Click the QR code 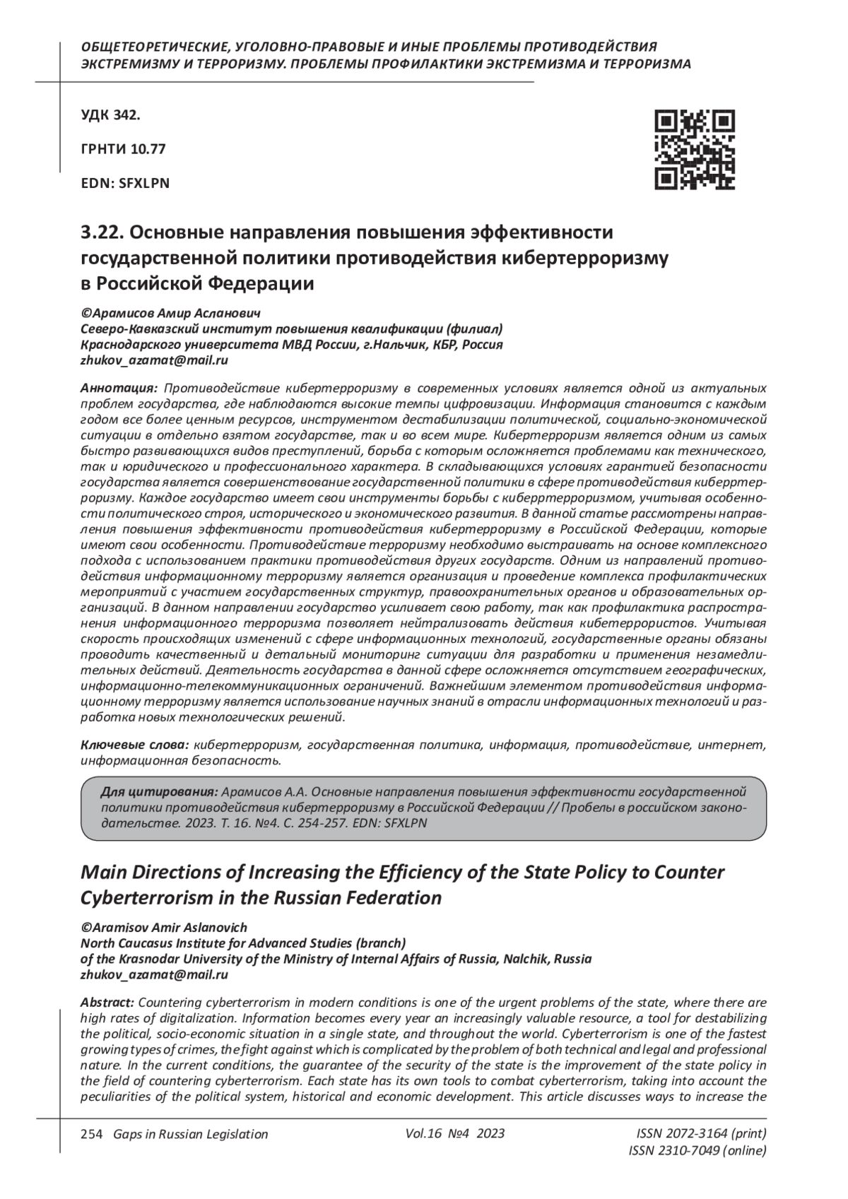point(694,150)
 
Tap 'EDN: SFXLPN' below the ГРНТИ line point(125,183)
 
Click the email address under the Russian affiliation point(154,360)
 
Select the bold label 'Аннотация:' point(119,389)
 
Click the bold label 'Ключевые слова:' point(134,745)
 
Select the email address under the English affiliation point(154,974)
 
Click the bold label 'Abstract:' point(107,1003)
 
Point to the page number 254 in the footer point(92,1134)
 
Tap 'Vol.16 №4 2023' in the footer point(455,1133)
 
